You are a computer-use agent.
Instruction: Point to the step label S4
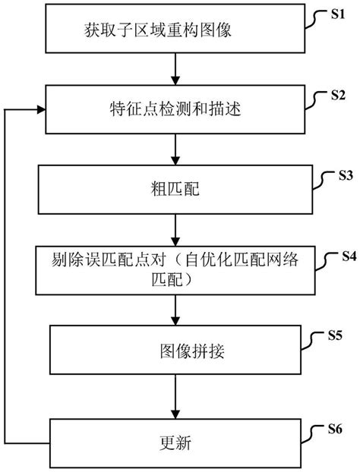pos(349,256)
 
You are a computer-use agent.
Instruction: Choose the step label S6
pos(338,428)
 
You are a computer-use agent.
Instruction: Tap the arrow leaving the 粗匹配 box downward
pos(176,228)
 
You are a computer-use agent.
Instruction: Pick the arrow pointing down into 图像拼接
pos(176,310)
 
